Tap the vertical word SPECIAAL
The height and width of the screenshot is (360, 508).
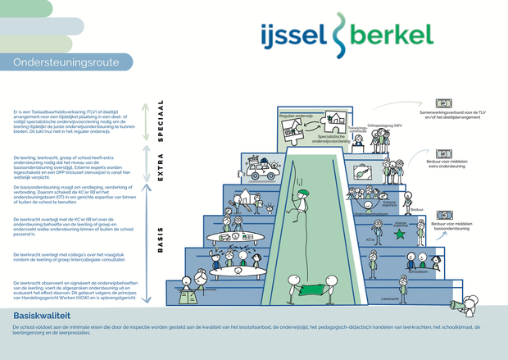(161, 121)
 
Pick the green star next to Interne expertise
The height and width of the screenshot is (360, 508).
(400, 234)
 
